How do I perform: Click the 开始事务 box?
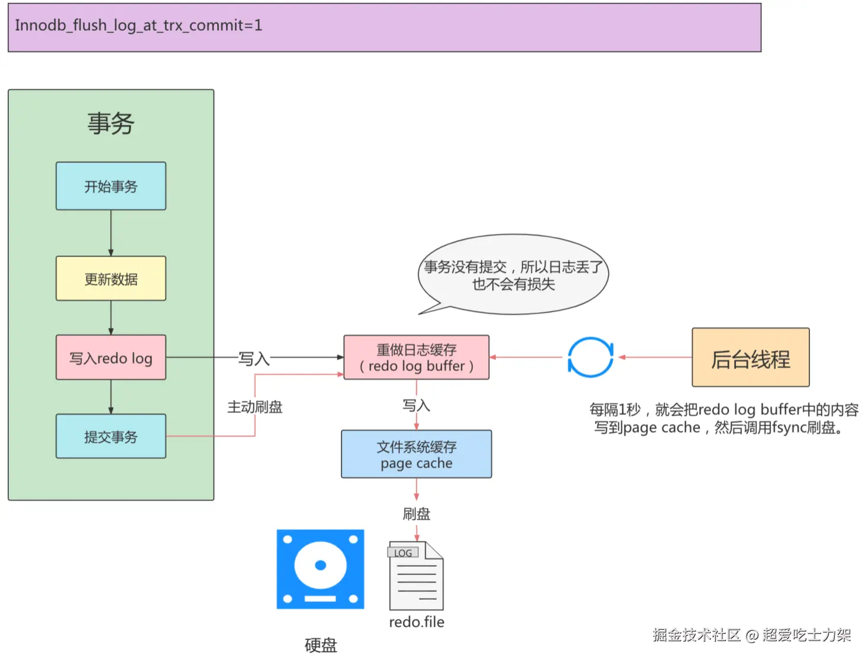111,186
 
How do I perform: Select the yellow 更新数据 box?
111,279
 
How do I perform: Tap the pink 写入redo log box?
111,358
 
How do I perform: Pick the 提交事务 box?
111,436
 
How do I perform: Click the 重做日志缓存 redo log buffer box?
417,358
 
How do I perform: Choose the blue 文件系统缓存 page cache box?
417,454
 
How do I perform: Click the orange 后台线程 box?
750,358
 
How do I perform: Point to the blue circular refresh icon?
590,357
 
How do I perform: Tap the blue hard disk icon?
320,569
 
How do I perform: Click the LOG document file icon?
416,576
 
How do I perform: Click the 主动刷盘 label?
255,407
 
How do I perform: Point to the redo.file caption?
417,622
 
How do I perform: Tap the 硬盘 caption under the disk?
321,645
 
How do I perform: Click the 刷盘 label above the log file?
417,514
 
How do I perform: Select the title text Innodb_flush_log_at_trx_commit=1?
138,25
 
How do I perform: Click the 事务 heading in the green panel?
111,124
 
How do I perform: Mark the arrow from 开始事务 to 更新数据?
111,233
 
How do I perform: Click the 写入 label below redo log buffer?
417,406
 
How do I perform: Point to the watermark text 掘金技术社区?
696,635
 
